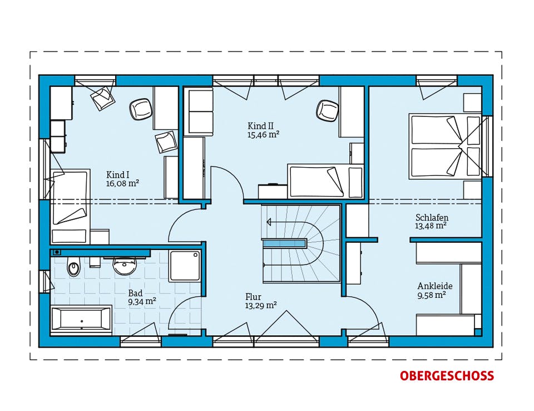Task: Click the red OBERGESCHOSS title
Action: pyautogui.click(x=447, y=375)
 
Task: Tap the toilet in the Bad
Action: pyautogui.click(x=73, y=266)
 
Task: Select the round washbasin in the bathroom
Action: pyautogui.click(x=125, y=266)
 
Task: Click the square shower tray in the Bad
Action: pyautogui.click(x=185, y=266)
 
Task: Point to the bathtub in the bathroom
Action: pyautogui.click(x=81, y=320)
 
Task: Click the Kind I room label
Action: pyautogui.click(x=117, y=175)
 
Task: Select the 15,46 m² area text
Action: pyautogui.click(x=263, y=134)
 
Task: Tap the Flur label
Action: pyautogui.click(x=253, y=297)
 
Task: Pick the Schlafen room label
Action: pyautogui.click(x=432, y=217)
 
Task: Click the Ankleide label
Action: pyautogui.click(x=435, y=286)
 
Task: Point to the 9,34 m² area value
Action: pyautogui.click(x=142, y=301)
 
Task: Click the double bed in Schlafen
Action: pyautogui.click(x=445, y=146)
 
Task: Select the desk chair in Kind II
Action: pyautogui.click(x=327, y=110)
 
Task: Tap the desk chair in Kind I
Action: pyautogui.click(x=140, y=109)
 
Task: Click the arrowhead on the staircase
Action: pyautogui.click(x=269, y=222)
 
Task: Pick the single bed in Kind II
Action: pyautogui.click(x=325, y=182)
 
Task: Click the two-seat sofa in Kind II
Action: pyautogui.click(x=198, y=112)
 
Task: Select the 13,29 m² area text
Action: pyautogui.click(x=261, y=306)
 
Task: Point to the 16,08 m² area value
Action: pyautogui.click(x=122, y=183)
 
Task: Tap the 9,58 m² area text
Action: pyautogui.click(x=432, y=295)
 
